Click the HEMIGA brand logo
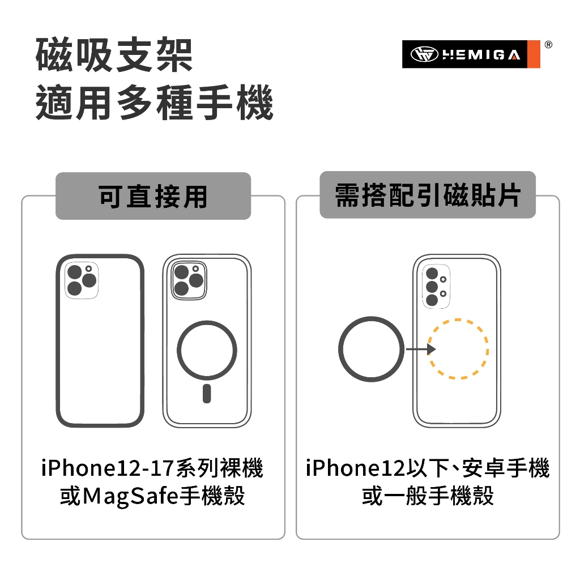click(471, 54)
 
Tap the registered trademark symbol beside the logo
click(548, 45)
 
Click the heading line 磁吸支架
click(114, 55)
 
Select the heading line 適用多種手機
click(154, 103)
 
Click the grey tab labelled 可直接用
click(153, 195)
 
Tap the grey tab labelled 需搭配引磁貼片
click(428, 195)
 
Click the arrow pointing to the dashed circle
click(421, 349)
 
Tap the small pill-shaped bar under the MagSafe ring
click(207, 394)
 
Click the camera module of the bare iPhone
click(82, 280)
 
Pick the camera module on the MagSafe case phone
click(189, 280)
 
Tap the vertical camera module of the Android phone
click(436, 286)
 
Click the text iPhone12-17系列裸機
click(152, 468)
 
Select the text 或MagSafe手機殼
click(152, 496)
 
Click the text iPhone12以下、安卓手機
click(428, 468)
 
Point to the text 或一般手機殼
click(428, 496)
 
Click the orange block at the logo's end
click(534, 54)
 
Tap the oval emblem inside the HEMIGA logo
click(425, 54)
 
